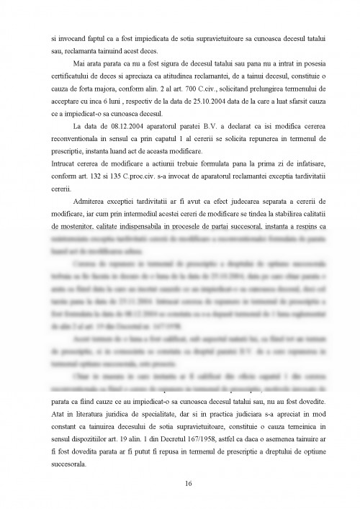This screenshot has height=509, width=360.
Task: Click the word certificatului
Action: (x=68, y=76)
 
